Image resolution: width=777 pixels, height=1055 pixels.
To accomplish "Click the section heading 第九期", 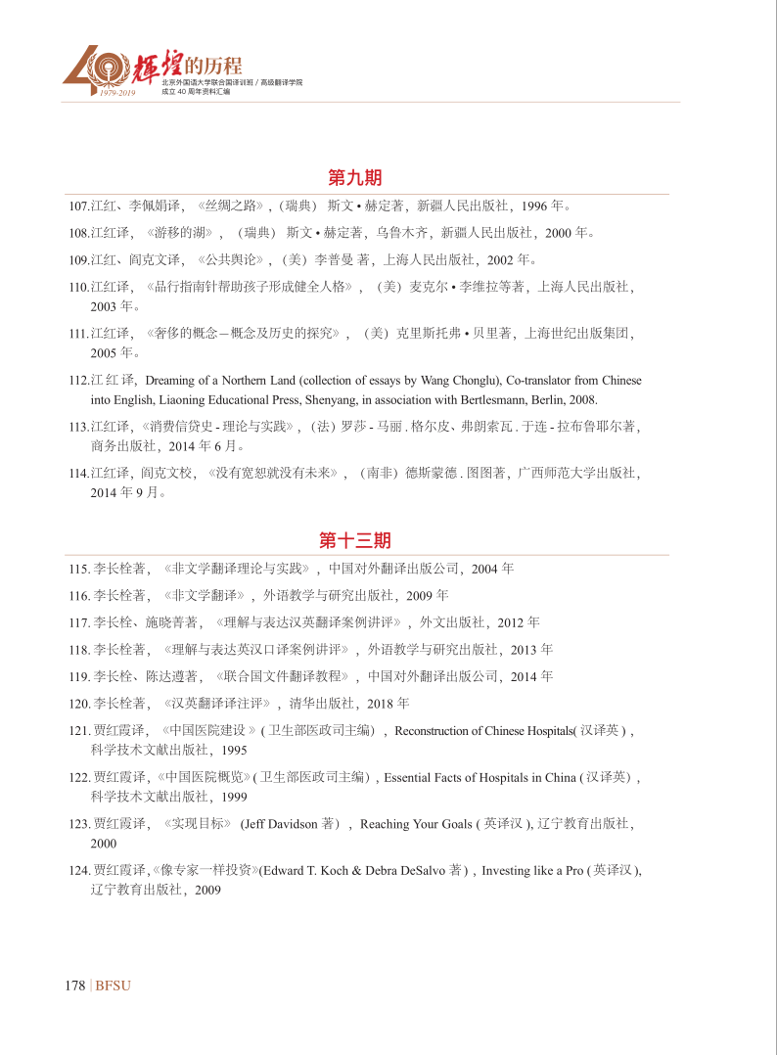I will point(354,178).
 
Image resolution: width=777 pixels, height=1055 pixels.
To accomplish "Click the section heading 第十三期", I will point(354,540).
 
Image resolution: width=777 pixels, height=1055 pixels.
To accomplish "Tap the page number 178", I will point(74,986).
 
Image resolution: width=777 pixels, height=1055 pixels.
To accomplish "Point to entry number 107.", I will point(78,206).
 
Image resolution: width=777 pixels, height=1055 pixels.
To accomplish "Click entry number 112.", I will point(78,380).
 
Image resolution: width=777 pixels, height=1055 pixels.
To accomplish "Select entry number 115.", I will point(79,569).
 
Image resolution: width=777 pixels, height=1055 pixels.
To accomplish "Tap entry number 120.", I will point(79,703).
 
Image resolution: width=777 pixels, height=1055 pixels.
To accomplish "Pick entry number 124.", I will point(79,870).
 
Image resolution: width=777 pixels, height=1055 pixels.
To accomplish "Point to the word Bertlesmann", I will point(515,399).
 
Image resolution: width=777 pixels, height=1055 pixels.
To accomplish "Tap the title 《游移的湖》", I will point(179,233).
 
